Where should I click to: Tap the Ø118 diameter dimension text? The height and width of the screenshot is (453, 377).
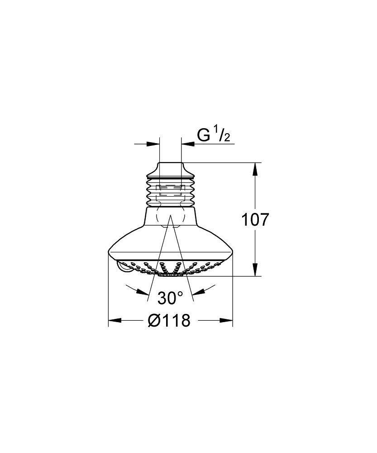click(x=169, y=321)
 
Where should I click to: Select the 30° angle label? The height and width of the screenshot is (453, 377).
click(x=171, y=298)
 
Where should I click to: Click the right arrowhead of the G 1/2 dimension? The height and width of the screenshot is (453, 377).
click(x=188, y=144)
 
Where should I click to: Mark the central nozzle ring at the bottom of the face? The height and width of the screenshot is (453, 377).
click(x=171, y=274)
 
